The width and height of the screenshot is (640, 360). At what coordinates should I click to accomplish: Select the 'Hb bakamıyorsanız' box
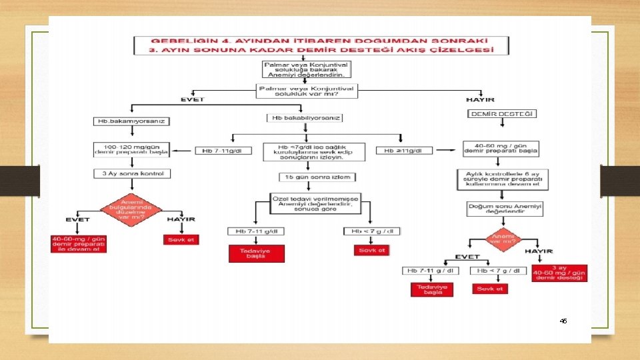[133, 121]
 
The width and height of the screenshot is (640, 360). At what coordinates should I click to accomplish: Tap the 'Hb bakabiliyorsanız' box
[305, 118]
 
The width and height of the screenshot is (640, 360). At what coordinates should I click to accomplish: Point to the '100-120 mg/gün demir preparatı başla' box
[131, 149]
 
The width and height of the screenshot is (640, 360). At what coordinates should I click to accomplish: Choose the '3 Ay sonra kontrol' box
[132, 173]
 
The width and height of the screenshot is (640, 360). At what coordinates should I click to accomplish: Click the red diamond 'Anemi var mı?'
[502, 238]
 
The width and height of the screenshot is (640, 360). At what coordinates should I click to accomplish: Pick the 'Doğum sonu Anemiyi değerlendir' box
[504, 209]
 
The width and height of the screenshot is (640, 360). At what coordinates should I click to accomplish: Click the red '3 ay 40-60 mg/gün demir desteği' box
[560, 273]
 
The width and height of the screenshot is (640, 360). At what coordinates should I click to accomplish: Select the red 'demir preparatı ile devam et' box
[79, 243]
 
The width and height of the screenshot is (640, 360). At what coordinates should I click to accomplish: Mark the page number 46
[563, 321]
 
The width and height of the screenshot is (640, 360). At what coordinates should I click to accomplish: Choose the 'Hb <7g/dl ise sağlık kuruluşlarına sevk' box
[313, 151]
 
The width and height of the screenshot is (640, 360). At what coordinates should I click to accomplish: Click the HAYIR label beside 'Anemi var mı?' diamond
[539, 251]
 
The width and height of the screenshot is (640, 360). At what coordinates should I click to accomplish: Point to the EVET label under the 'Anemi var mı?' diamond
[467, 256]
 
